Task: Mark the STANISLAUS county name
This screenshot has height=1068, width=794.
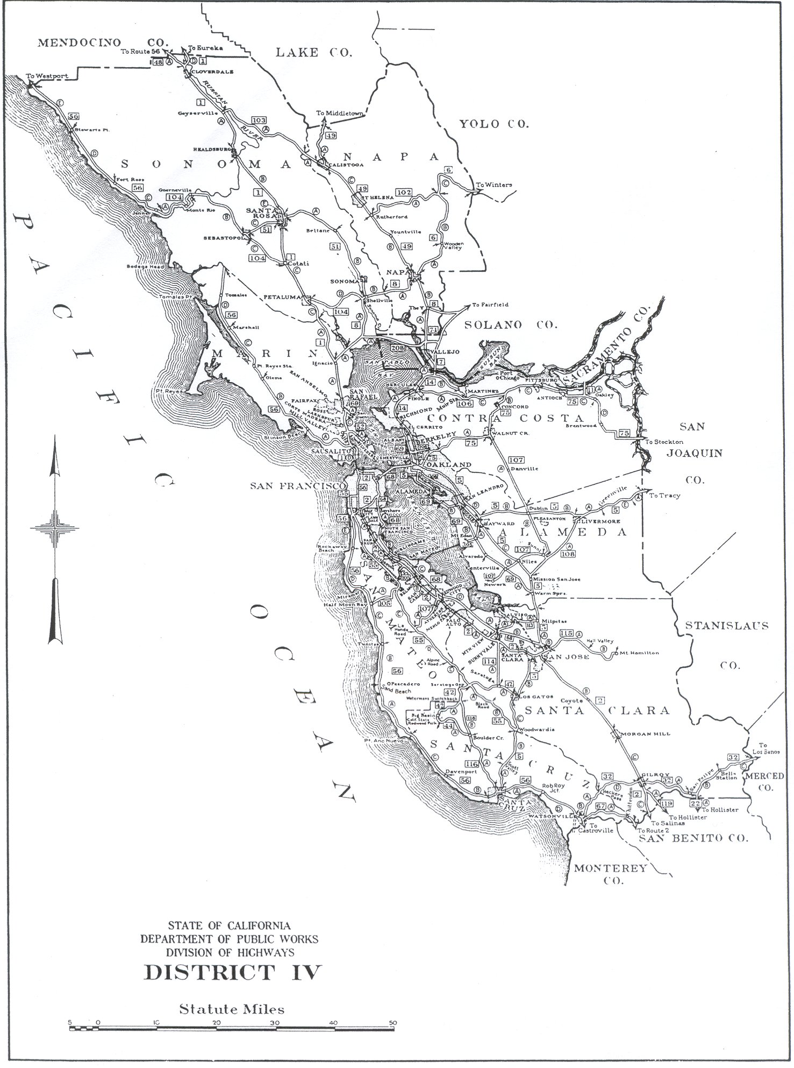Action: [726, 626]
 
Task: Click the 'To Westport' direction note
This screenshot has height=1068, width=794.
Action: [48, 76]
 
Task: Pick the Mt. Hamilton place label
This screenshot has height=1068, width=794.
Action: [639, 653]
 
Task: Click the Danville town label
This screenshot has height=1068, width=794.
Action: [524, 469]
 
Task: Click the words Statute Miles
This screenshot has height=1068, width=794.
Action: [232, 1009]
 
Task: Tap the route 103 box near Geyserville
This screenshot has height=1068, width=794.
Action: [259, 120]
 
